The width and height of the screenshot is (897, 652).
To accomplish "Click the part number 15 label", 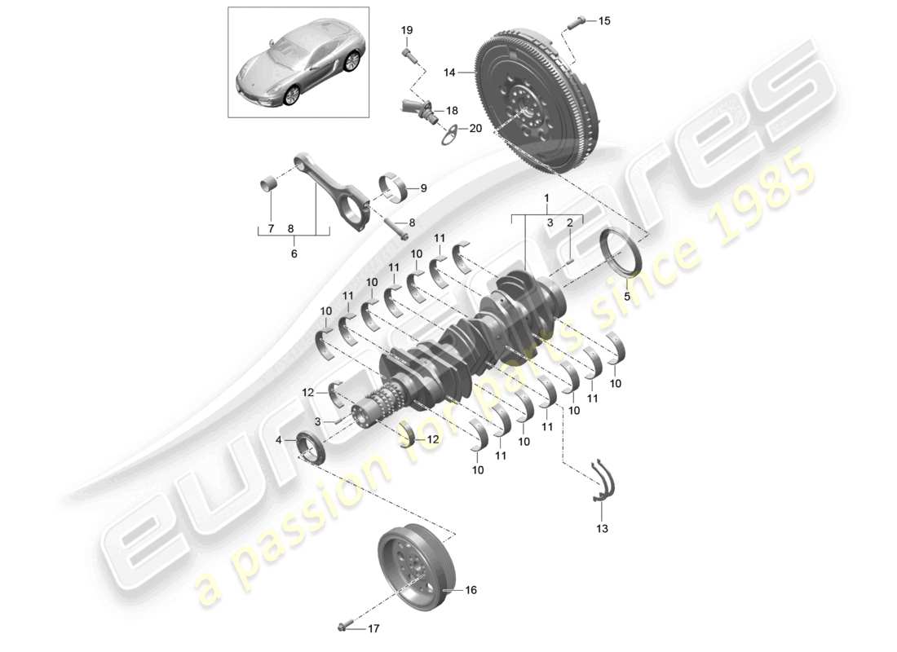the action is (x=604, y=20).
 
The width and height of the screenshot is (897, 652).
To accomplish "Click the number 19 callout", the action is (x=407, y=30).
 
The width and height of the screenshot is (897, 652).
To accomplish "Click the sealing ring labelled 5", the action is (x=623, y=257).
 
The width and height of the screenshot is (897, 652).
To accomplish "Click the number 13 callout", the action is (x=602, y=528).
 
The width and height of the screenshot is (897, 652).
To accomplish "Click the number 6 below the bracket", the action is (x=294, y=253).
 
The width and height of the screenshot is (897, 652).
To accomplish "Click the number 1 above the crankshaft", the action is (x=547, y=198).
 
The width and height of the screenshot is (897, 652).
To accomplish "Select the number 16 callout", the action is (x=471, y=589).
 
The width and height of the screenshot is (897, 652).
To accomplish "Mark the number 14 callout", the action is (x=448, y=73).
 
